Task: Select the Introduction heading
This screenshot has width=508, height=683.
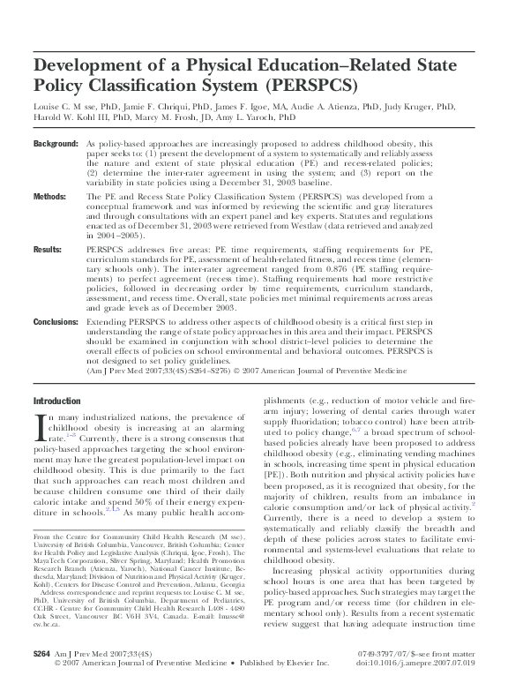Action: [56, 400]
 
